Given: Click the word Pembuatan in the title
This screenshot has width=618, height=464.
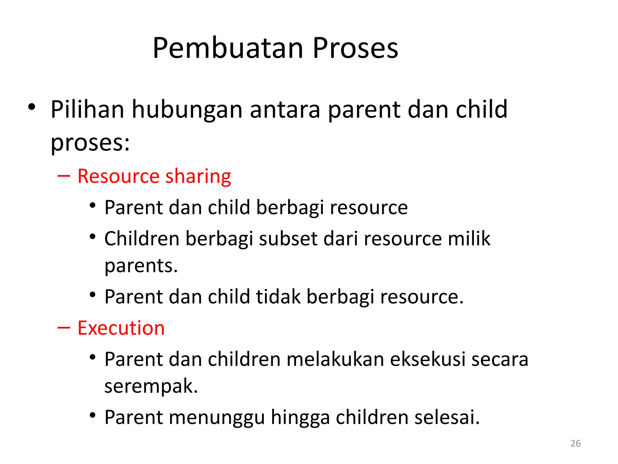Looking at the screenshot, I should [228, 48].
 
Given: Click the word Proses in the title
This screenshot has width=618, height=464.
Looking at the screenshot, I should [355, 48].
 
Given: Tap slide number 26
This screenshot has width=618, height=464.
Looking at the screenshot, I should [575, 443].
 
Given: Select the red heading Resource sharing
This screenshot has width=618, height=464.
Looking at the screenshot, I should [154, 176].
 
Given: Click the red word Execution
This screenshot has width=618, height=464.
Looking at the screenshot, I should [121, 328].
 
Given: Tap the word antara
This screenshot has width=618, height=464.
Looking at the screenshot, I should [285, 110].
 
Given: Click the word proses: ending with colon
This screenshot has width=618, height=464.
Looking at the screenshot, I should [90, 143].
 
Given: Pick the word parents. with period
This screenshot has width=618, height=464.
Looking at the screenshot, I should [141, 266].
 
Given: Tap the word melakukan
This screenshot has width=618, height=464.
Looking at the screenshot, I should [335, 359].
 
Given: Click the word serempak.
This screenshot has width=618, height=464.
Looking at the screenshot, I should [151, 386].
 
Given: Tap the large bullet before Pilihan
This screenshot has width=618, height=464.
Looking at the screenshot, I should [32, 107].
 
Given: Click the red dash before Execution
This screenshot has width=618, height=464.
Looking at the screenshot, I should [64, 328].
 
